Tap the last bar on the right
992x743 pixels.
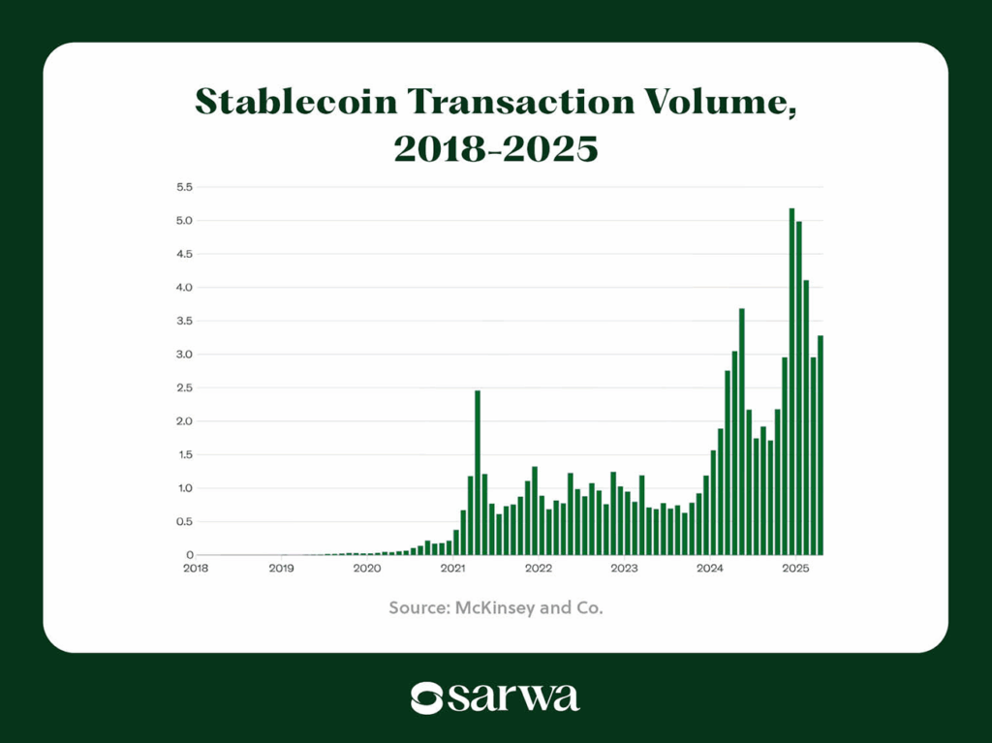pos(821,446)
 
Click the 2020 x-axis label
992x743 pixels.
pos(367,569)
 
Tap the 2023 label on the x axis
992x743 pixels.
pos(624,569)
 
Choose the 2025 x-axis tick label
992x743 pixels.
pos(795,569)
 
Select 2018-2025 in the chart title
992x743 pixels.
pos(495,149)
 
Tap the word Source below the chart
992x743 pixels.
pos(417,608)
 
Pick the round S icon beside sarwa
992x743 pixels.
pos(426,697)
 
